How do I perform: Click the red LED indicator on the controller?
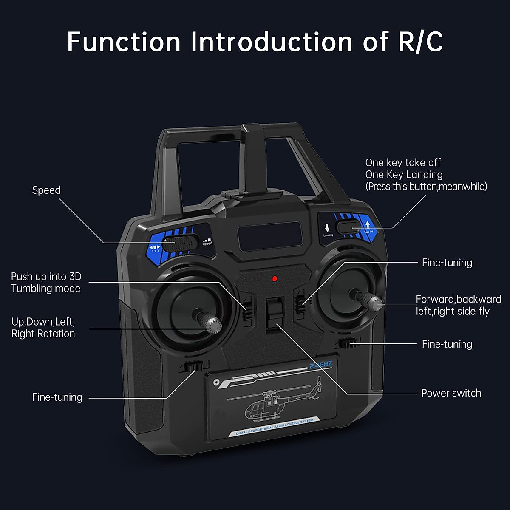pyautogui.click(x=275, y=279)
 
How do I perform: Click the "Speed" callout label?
pyautogui.click(x=46, y=190)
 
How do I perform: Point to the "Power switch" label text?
pyautogui.click(x=451, y=393)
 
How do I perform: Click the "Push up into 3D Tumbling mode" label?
pyautogui.click(x=46, y=282)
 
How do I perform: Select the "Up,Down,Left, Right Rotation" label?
pyautogui.click(x=43, y=328)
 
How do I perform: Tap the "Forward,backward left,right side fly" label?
pyautogui.click(x=458, y=305)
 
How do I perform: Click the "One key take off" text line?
pyautogui.click(x=403, y=163)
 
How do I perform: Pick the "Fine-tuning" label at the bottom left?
pyautogui.click(x=57, y=397)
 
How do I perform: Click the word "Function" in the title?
pyautogui.click(x=124, y=42)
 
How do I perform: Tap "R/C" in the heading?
pyautogui.click(x=420, y=42)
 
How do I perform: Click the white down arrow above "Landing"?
pyautogui.click(x=327, y=228)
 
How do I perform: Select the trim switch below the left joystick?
pyautogui.click(x=194, y=366)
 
